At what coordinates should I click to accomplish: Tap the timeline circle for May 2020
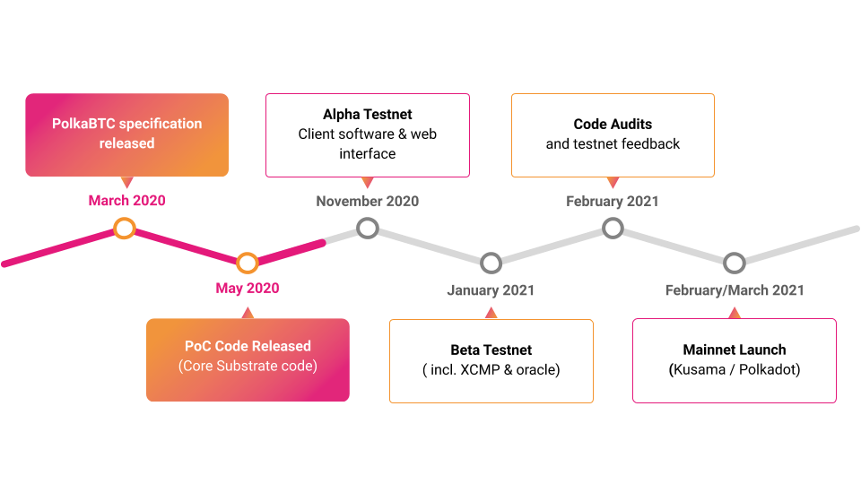[x=248, y=263]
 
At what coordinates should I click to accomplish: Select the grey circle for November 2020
[x=367, y=228]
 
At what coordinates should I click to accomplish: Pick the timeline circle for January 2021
[x=491, y=263]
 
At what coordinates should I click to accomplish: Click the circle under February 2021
[x=613, y=228]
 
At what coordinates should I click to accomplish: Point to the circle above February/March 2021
[x=735, y=263]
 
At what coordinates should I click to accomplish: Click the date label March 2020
[x=126, y=201]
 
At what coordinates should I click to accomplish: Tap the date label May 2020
[x=248, y=289]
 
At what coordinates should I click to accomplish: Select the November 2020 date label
[x=367, y=202]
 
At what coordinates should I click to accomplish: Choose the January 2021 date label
[x=491, y=290]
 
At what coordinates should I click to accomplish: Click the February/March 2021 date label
[x=735, y=290]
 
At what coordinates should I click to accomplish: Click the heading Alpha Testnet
[x=368, y=115]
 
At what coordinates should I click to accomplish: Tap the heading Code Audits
[x=613, y=125]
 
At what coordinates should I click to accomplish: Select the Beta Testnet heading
[x=491, y=350]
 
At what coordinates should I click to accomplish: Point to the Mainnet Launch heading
[x=735, y=350]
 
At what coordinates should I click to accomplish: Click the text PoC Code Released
[x=248, y=346]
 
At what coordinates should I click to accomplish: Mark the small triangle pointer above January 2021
[x=491, y=313]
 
